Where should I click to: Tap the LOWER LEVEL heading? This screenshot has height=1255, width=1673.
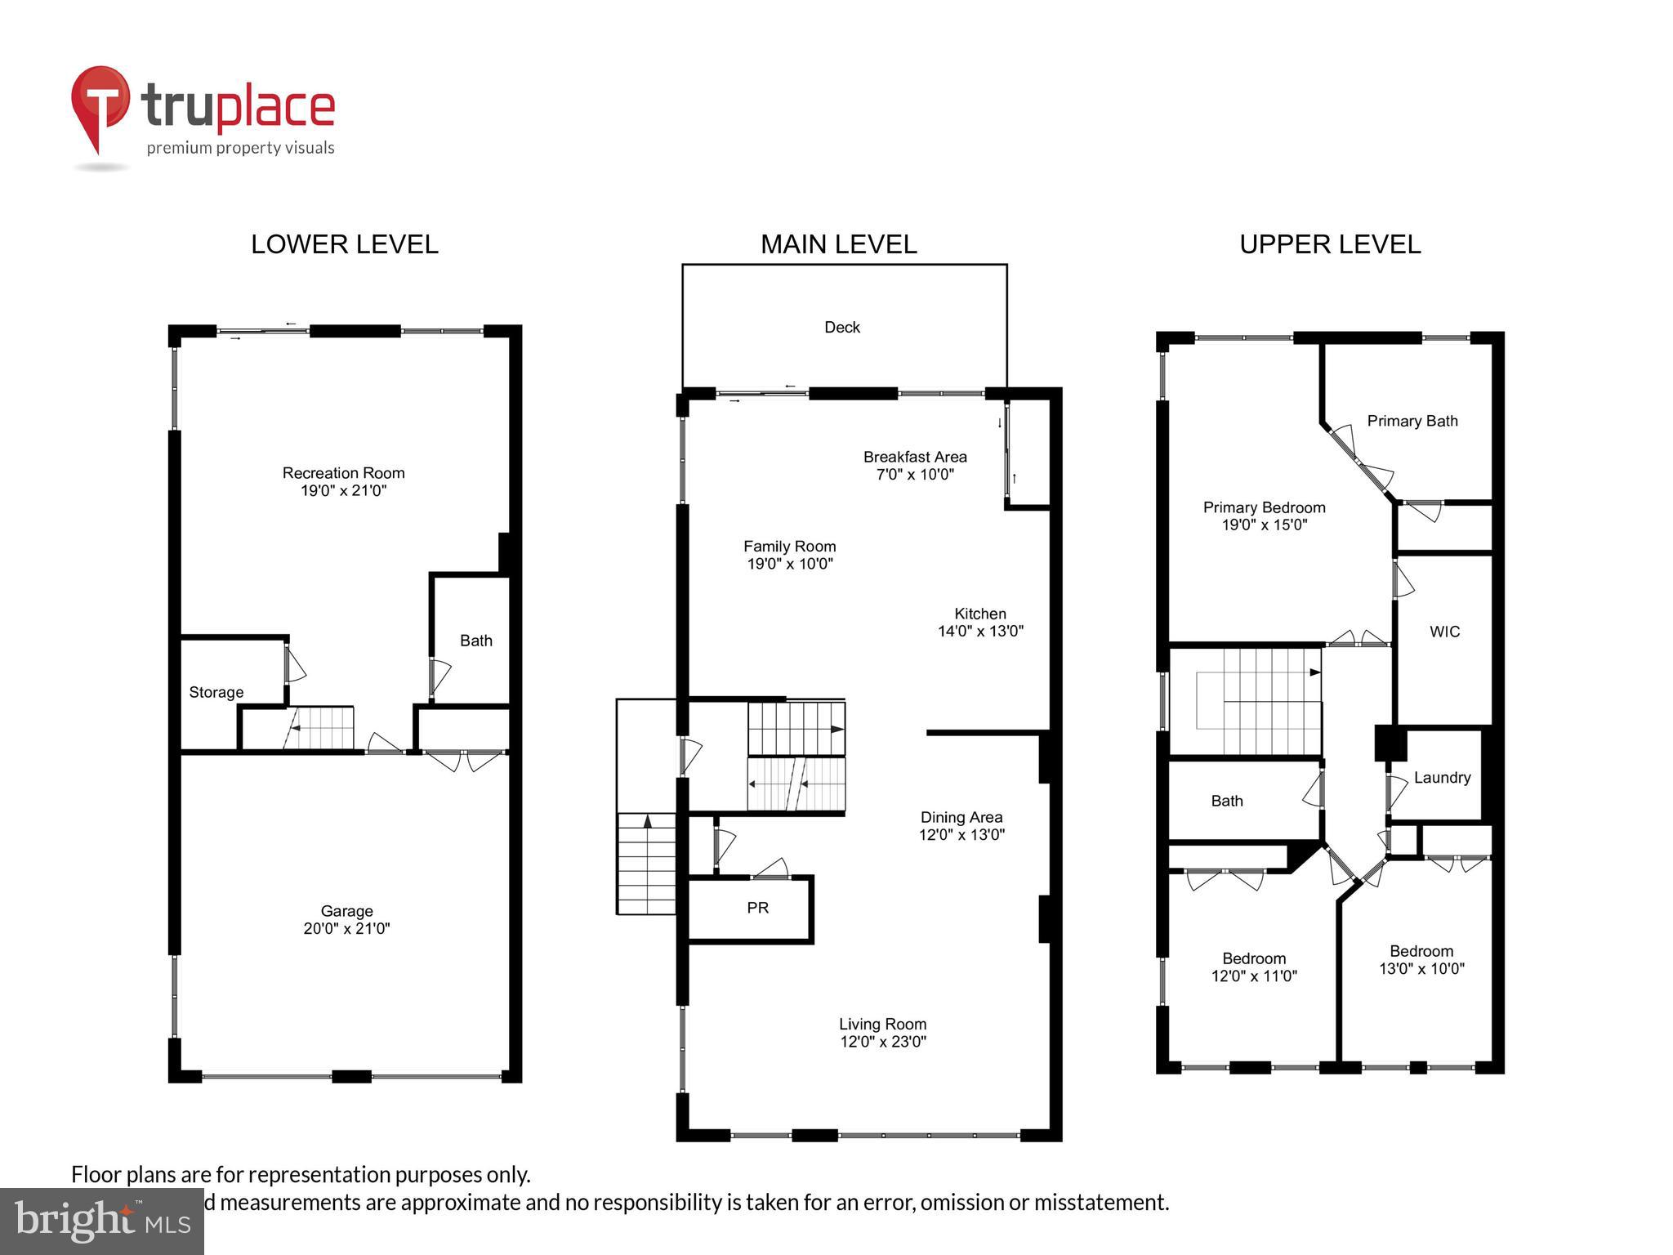point(344,244)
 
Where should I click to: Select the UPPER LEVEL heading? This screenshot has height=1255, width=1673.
point(1329,244)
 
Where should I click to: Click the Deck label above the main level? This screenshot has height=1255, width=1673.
point(841,328)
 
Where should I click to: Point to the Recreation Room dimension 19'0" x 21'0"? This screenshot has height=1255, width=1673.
point(343,491)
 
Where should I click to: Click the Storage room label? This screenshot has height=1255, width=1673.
point(216,693)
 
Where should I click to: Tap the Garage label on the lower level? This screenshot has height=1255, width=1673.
point(346,911)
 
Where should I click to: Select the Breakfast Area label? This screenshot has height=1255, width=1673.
point(915,458)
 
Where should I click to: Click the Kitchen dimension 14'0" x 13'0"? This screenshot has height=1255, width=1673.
point(979,632)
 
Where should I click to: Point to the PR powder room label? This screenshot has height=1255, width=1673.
point(757,908)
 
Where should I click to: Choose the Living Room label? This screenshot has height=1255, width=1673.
point(882,1025)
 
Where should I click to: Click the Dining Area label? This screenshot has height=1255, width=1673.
point(961,818)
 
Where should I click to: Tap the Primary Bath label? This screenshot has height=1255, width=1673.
point(1412,422)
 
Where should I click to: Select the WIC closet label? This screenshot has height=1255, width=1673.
point(1443,632)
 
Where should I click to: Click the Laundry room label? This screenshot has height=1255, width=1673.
point(1441,778)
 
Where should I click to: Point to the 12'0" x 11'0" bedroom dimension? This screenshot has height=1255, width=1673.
point(1253,976)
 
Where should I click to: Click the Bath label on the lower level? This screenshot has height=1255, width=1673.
point(475,641)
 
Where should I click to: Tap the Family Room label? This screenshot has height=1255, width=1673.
point(789,547)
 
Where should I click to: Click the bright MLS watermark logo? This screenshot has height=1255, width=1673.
point(101,1221)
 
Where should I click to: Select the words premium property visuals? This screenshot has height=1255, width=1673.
point(240,149)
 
